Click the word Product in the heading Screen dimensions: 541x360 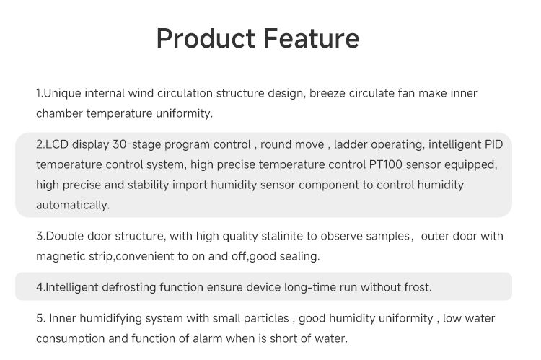pyautogui.click(x=206, y=38)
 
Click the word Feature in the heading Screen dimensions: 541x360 pyautogui.click(x=312, y=38)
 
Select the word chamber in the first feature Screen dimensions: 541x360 pyautogui.click(x=59, y=113)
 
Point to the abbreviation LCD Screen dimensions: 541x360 pyautogui.click(x=57, y=144)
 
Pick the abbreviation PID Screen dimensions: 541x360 pyautogui.click(x=493, y=144)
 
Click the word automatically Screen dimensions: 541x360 pyautogui.click(x=71, y=205)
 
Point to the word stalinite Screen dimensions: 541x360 pyautogui.click(x=282, y=236)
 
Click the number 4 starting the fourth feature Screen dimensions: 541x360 pyautogui.click(x=39, y=287)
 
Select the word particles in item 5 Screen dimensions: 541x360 pyautogui.click(x=266, y=318)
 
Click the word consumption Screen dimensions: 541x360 pyautogui.click(x=71, y=338)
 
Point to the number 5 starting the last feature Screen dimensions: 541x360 pyautogui.click(x=39, y=318)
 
